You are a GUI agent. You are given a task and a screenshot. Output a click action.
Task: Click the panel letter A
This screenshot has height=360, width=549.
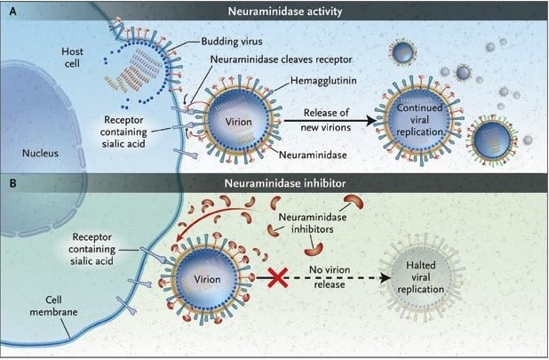pos(12,12)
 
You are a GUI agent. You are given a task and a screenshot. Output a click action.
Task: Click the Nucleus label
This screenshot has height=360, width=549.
pos(41,152)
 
